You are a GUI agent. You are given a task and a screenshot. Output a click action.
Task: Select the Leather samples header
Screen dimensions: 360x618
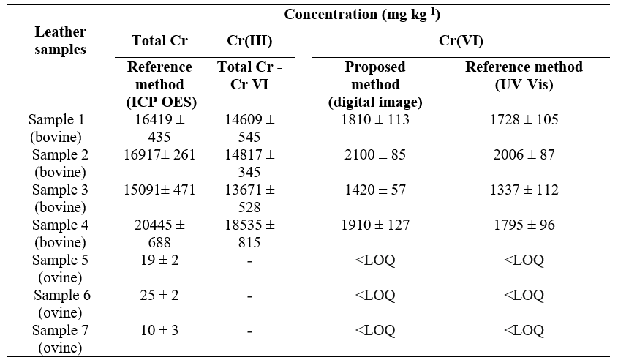click(x=60, y=41)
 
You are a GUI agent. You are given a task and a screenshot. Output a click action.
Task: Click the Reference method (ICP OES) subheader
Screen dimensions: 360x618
click(x=159, y=84)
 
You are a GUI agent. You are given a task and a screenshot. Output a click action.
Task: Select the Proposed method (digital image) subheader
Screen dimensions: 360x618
click(x=375, y=84)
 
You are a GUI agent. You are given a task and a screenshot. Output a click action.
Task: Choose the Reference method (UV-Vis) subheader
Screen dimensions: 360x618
click(x=524, y=75)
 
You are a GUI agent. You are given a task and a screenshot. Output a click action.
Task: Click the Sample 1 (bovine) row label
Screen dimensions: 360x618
click(x=60, y=127)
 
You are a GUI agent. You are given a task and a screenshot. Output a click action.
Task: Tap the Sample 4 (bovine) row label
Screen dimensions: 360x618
click(x=60, y=233)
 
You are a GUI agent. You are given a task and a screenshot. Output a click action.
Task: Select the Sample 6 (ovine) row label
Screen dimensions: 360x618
click(x=60, y=303)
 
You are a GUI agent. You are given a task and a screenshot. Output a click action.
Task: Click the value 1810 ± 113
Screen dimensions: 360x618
click(x=375, y=119)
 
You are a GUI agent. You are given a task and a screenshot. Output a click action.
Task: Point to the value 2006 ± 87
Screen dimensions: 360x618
click(x=524, y=154)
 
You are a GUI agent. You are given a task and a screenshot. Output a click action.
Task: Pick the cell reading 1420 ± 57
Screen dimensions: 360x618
click(x=375, y=190)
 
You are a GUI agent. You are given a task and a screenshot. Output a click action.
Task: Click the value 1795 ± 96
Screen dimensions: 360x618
click(x=524, y=225)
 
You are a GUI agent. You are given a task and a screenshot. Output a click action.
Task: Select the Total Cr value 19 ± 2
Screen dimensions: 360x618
click(x=159, y=260)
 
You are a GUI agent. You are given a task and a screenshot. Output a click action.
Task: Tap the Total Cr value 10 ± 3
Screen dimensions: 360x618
click(x=159, y=331)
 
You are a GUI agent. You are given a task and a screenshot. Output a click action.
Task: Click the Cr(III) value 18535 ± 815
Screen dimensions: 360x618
click(x=246, y=233)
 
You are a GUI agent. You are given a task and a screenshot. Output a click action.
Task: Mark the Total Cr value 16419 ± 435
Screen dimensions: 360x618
click(x=159, y=127)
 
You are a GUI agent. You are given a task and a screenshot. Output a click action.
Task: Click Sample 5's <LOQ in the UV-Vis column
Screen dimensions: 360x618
click(x=524, y=260)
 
